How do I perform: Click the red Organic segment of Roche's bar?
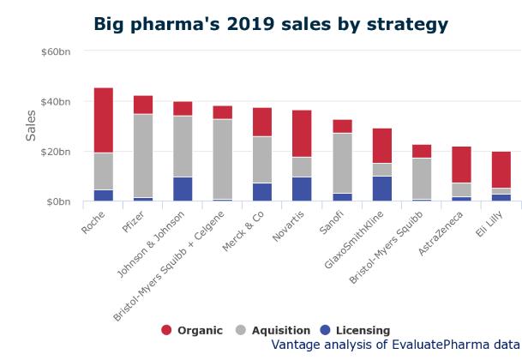[x=104, y=120]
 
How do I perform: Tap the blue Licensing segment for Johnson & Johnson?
[x=183, y=189]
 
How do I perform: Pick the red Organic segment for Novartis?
[x=301, y=133]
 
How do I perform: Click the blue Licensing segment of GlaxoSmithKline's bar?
[x=382, y=189]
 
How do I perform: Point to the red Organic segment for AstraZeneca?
[x=461, y=165]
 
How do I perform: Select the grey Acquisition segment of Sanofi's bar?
[x=343, y=163]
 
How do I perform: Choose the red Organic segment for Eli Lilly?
[x=501, y=170]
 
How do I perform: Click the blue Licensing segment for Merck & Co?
[x=261, y=192]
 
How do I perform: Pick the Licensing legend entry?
[x=353, y=330]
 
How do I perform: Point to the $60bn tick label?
[x=56, y=52]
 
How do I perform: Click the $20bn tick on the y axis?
[x=56, y=153]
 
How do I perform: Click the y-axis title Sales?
[x=31, y=126]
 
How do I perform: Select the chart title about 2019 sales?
[x=270, y=23]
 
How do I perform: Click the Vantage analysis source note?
[x=395, y=345]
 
